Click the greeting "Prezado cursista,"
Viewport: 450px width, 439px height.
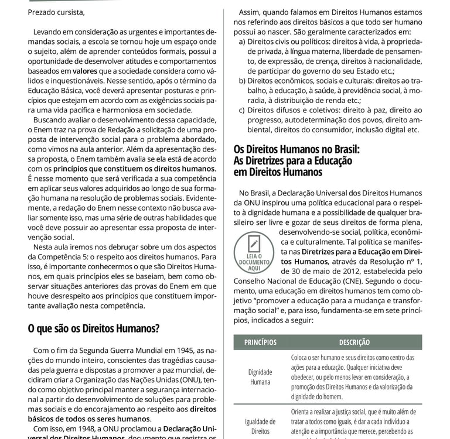point(56,12)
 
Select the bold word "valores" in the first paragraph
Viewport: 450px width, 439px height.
point(85,71)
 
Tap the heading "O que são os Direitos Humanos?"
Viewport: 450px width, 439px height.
point(94,328)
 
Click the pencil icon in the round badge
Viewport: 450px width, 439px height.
point(254,243)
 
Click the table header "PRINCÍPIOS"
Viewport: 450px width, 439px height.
point(260,342)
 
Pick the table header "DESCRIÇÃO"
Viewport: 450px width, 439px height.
point(354,342)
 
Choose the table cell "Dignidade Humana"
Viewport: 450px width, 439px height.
point(260,377)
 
